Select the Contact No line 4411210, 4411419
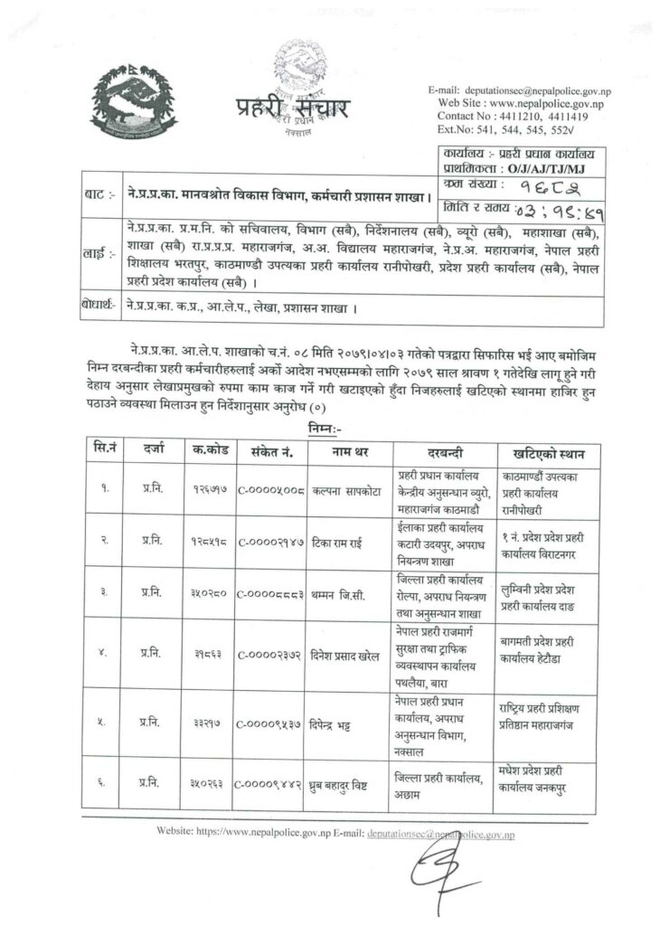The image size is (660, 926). tap(513, 117)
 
